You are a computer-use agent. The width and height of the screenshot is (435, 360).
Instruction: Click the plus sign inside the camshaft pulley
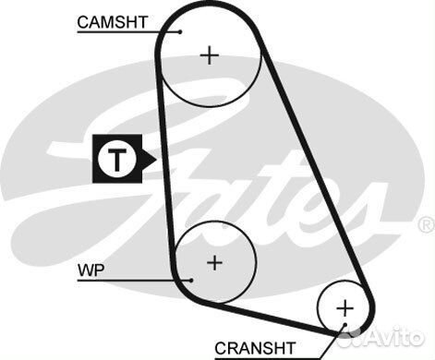[x=211, y=55]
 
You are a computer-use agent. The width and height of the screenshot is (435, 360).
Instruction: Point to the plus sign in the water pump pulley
[x=214, y=262]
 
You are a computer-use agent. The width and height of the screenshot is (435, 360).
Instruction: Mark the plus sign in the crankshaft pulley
[x=344, y=306]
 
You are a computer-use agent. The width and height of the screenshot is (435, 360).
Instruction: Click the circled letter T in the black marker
[x=116, y=159]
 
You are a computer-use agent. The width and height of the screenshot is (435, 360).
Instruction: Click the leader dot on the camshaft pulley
[x=181, y=30]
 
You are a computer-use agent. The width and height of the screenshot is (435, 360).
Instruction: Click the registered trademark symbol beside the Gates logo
[x=425, y=224]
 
